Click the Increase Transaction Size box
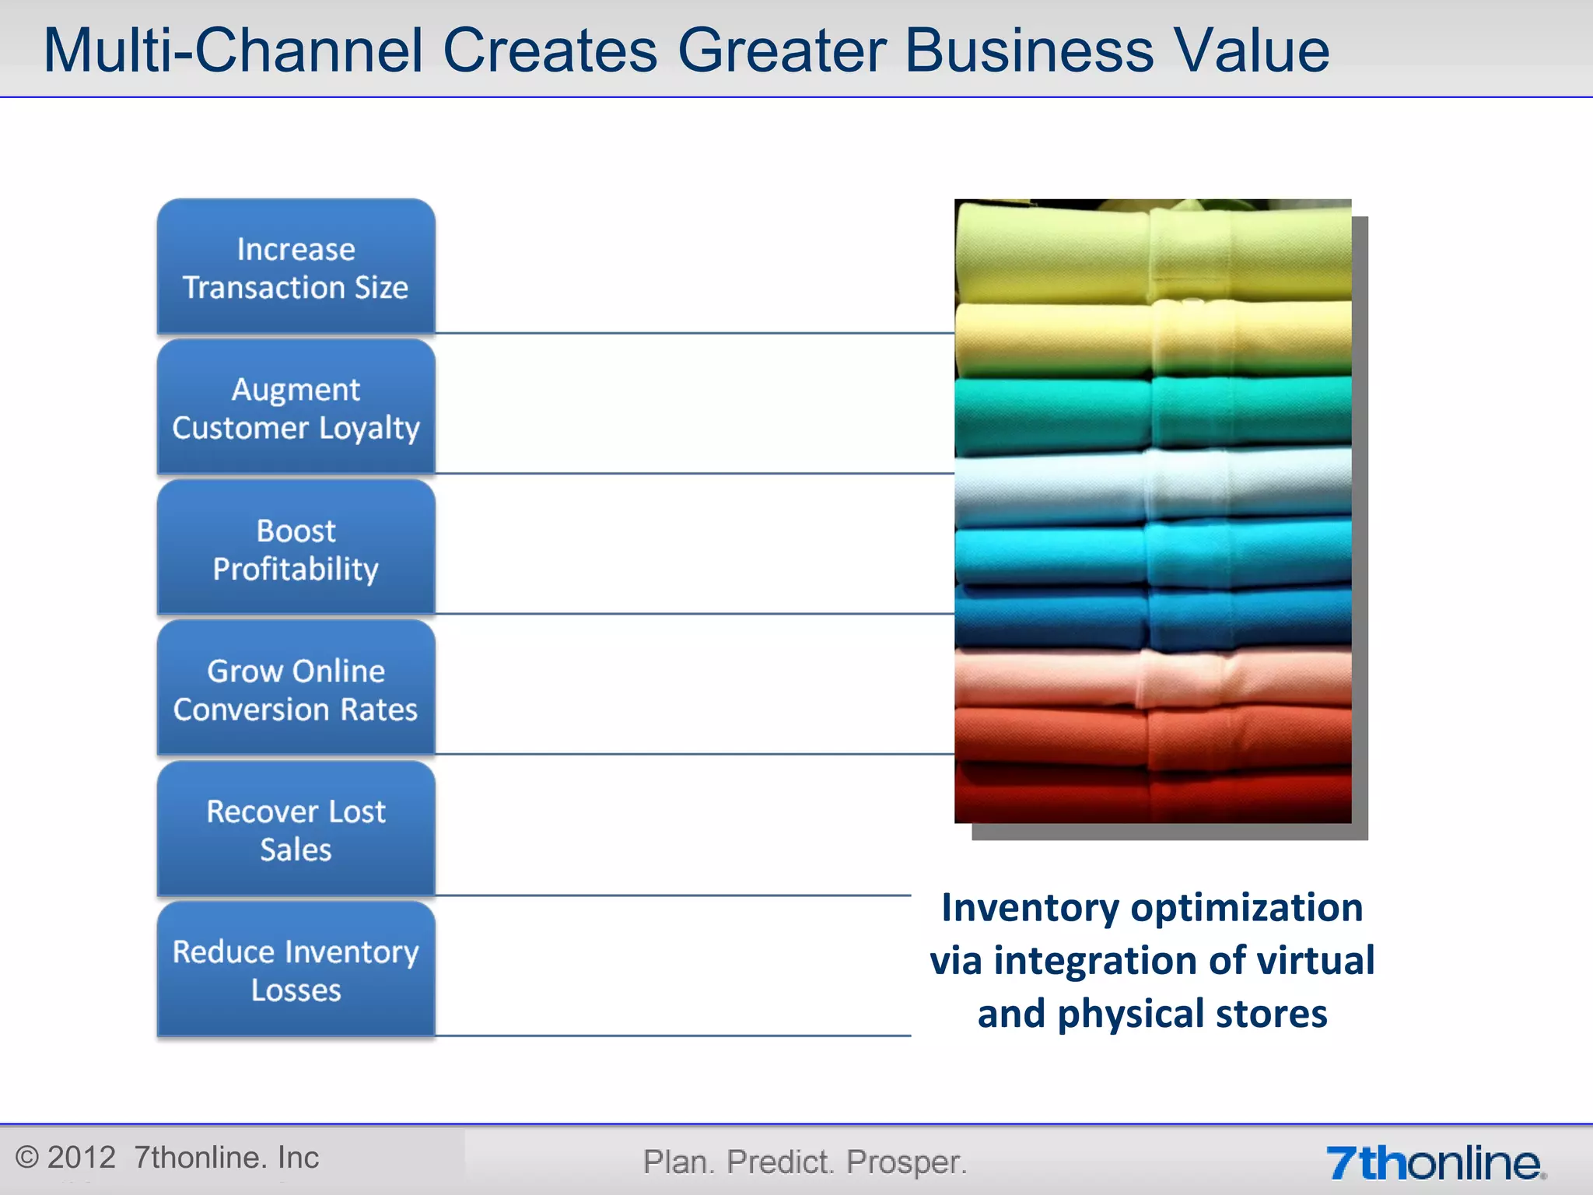coord(296,268)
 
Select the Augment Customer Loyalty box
coord(296,408)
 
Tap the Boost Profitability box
coord(296,548)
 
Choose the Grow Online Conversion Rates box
coord(296,689)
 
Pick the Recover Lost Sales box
coord(296,830)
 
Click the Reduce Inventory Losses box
coord(296,970)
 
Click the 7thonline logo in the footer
coord(1435,1163)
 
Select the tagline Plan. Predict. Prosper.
coord(805,1162)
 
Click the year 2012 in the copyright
coord(81,1158)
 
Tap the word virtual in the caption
coord(1315,961)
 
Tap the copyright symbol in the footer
coord(26,1158)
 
